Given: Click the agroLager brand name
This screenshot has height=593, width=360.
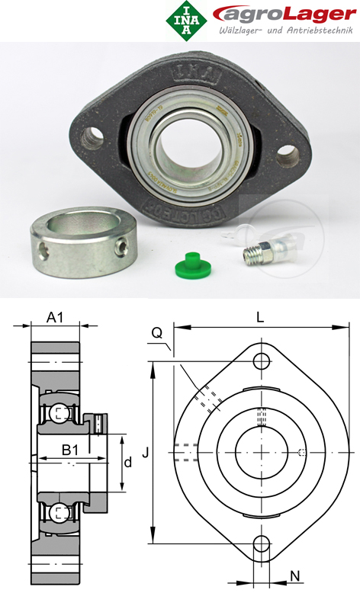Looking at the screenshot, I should [x=277, y=14].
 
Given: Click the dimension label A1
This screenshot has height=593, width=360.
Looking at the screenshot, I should [x=55, y=317].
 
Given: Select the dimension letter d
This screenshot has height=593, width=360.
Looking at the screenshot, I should [x=127, y=462].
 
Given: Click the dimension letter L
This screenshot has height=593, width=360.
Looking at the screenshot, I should [x=260, y=319].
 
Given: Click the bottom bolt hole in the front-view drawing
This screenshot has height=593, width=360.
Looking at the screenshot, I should [x=262, y=543].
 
